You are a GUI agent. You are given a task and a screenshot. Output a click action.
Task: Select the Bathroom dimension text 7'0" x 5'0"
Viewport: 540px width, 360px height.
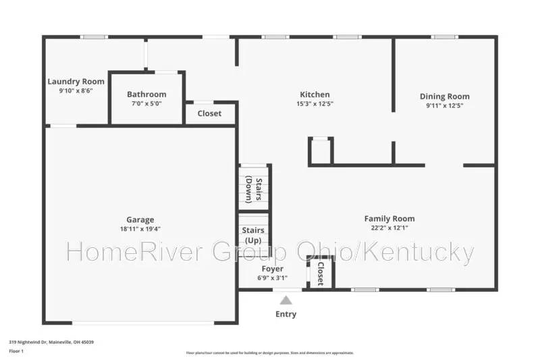[x=146, y=104]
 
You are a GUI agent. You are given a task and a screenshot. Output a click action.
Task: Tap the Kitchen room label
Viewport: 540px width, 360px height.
[x=315, y=95]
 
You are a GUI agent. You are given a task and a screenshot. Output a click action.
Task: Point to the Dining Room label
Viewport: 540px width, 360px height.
[x=444, y=97]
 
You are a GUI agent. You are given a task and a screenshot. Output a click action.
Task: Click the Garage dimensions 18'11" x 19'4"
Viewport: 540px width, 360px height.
[x=140, y=230]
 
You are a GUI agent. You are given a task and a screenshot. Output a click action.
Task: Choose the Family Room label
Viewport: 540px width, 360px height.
[x=389, y=218]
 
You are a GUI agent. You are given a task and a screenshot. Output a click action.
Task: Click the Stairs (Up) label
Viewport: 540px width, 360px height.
[x=253, y=236]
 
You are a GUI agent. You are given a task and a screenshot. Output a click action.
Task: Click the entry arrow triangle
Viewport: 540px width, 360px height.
[x=286, y=300]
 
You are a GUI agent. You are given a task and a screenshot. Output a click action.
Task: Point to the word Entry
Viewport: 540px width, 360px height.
[x=286, y=314]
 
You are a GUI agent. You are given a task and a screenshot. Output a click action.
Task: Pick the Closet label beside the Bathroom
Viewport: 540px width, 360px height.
[x=209, y=113]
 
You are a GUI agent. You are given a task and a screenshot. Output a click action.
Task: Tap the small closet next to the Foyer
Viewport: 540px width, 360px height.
[x=319, y=274]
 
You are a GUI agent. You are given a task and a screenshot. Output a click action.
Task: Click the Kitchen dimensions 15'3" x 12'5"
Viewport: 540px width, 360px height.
[x=315, y=104]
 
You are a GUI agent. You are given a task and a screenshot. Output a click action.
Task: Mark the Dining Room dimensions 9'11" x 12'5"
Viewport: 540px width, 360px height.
[x=444, y=105]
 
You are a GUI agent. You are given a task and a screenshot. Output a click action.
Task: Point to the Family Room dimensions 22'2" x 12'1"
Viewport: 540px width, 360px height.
[x=389, y=228]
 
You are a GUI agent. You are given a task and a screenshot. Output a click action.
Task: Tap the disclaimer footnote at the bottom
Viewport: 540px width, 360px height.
[x=269, y=353]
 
